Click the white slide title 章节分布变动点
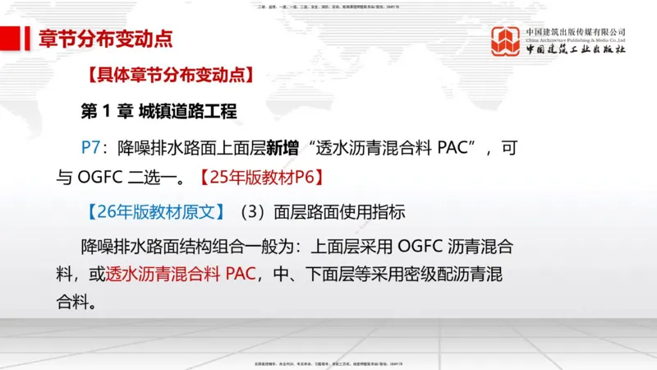coord(106,38)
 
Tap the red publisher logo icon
coord(506,41)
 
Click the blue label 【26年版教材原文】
coord(153,211)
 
